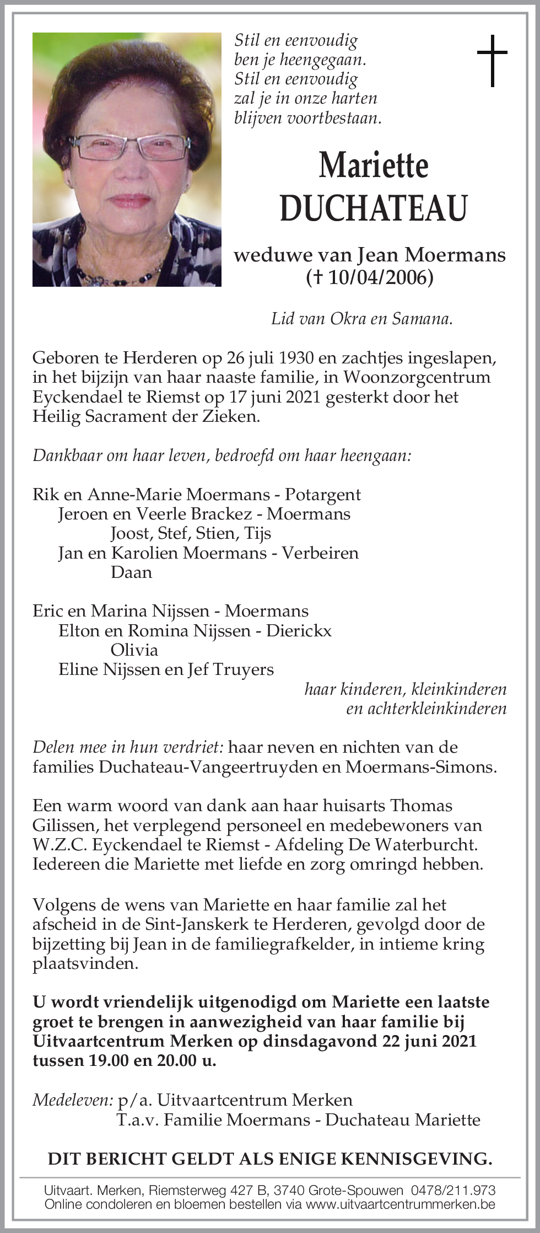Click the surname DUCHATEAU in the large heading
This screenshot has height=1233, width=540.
374,208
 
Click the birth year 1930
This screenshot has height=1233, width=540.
296,358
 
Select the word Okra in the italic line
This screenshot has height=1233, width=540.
350,319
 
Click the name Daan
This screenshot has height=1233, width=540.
131,572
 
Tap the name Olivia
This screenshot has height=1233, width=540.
134,650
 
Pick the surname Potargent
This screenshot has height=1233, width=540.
322,495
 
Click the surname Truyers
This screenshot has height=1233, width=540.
243,669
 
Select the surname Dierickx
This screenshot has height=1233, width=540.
299,631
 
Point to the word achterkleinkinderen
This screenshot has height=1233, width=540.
426,709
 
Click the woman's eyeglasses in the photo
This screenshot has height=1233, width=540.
130,146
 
